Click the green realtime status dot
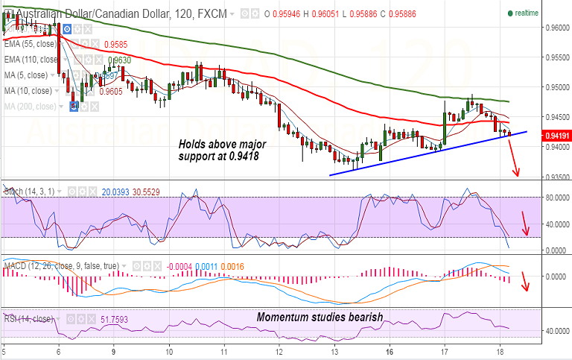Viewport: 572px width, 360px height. click(510, 13)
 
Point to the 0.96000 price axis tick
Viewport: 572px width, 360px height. click(555, 28)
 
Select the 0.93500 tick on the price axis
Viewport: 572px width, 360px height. click(555, 177)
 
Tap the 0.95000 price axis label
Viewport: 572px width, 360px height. click(555, 87)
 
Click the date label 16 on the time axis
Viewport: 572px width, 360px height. click(389, 350)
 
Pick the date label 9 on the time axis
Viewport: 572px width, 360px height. click(113, 350)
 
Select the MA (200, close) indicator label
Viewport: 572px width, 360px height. click(30, 106)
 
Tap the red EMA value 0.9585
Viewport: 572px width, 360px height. click(116, 44)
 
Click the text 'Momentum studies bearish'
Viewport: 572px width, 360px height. click(320, 317)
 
